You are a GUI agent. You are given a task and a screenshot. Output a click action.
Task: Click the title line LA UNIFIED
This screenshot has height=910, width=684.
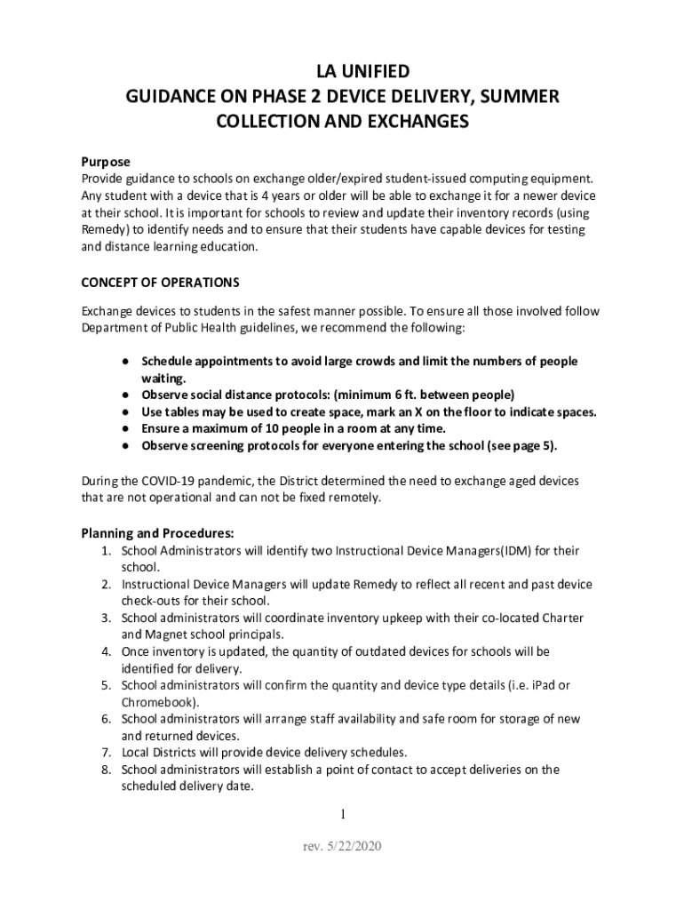pos(342,71)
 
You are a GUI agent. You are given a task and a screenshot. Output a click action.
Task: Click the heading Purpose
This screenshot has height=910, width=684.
pos(106,162)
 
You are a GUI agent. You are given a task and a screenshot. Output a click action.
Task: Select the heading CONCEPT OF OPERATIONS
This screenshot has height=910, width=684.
pos(160,283)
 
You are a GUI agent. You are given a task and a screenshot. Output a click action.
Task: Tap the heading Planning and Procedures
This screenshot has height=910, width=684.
pos(157,533)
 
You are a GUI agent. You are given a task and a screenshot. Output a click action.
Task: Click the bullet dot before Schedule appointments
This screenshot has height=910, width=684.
pos(128,362)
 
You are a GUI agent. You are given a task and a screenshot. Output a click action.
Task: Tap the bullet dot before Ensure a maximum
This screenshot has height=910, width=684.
pos(128,428)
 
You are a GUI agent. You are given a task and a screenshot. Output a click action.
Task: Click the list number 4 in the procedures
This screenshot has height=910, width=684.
pos(105,651)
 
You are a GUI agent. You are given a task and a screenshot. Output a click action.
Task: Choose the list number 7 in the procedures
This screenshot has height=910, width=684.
pos(105,753)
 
